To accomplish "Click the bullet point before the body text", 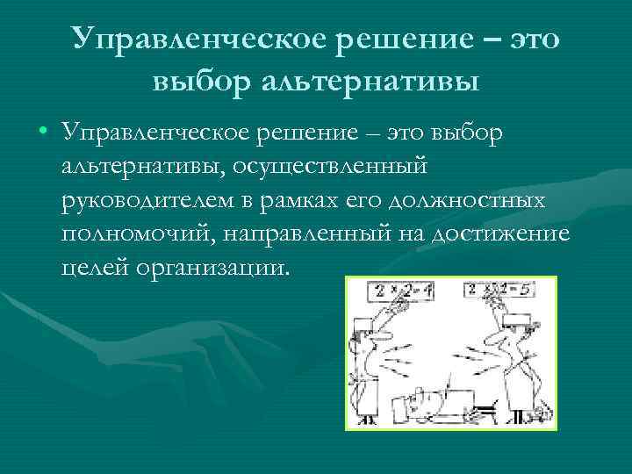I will click(43, 133).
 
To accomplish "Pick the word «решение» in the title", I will click(403, 38).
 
